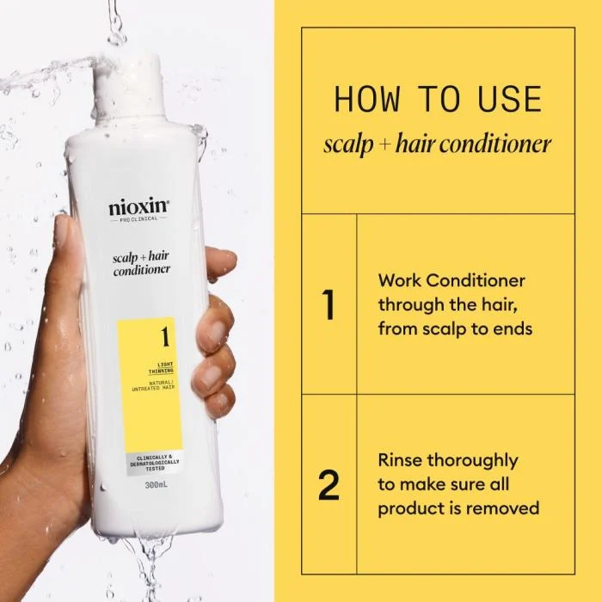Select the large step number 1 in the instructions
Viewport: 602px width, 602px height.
coord(328,306)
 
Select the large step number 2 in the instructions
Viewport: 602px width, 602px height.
coord(328,485)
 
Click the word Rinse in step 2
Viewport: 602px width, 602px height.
coord(401,460)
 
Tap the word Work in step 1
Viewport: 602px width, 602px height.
coord(399,280)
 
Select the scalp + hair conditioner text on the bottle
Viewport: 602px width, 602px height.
coord(141,262)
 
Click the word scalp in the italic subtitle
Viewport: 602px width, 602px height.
coord(346,144)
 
